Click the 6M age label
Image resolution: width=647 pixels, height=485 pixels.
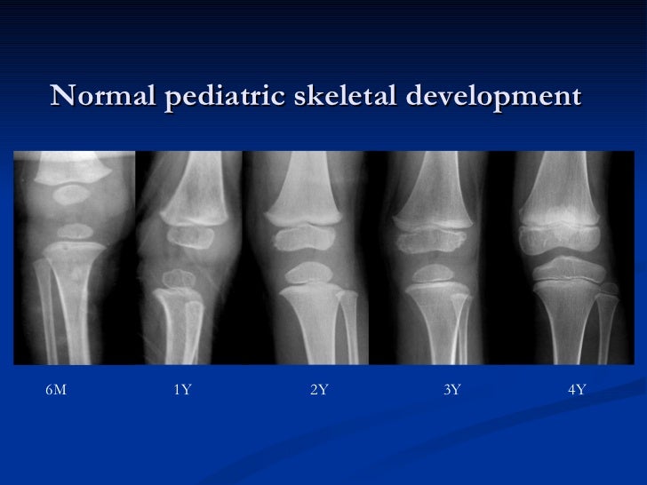(55, 390)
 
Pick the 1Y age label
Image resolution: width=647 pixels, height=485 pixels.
(182, 390)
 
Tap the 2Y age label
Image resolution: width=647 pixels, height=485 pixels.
(319, 390)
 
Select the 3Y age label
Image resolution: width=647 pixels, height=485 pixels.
(451, 390)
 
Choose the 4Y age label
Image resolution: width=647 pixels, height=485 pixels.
(576, 390)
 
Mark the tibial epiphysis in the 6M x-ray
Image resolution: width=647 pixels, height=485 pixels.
(77, 232)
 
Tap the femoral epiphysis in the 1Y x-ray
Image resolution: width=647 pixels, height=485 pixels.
(189, 235)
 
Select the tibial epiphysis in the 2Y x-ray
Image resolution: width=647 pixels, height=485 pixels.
(307, 274)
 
